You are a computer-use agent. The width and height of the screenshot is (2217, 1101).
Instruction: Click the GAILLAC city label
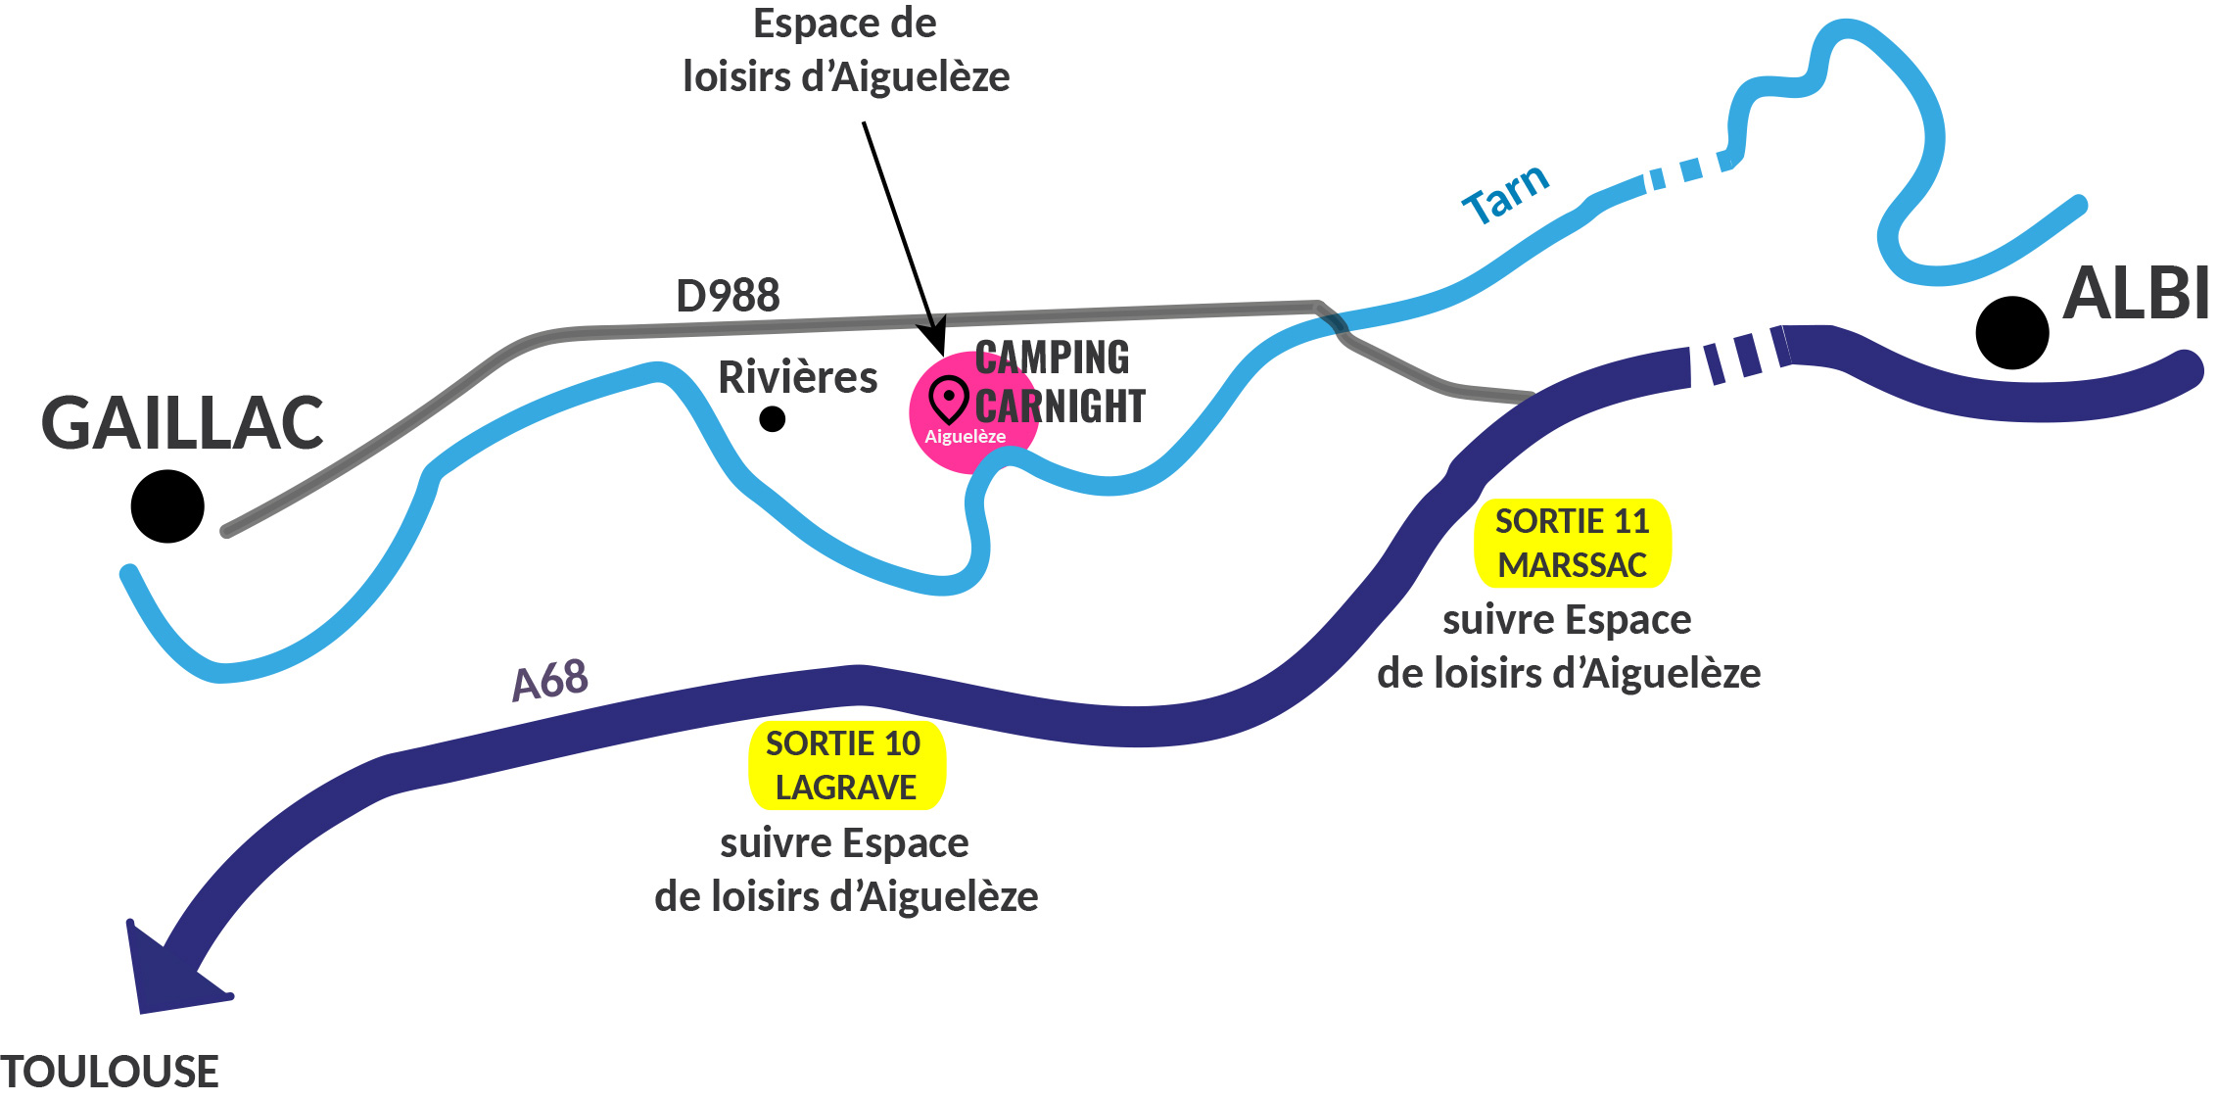[x=182, y=423]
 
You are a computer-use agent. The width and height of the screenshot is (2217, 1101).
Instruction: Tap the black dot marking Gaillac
[x=167, y=506]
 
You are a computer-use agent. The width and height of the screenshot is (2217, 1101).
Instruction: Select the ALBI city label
[x=2135, y=293]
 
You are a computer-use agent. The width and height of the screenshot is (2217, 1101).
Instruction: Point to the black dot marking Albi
[x=2011, y=333]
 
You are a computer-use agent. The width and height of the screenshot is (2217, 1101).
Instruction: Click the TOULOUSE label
[x=110, y=1072]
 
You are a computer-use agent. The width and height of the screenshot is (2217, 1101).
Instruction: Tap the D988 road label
[x=728, y=295]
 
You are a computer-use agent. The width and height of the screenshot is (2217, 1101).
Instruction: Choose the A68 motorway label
[x=550, y=680]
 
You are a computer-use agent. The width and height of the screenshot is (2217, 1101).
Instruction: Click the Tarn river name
[x=1505, y=193]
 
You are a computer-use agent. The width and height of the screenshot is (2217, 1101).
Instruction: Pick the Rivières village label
[x=797, y=377]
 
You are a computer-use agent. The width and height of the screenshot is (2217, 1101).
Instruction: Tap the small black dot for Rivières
[x=773, y=419]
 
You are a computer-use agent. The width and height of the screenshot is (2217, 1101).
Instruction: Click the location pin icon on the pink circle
[x=948, y=400]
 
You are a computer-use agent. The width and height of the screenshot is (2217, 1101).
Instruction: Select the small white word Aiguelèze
[x=965, y=437]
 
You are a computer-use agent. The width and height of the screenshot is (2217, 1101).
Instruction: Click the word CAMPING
[x=1052, y=358]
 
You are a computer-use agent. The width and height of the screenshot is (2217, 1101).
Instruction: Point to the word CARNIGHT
[x=1060, y=406]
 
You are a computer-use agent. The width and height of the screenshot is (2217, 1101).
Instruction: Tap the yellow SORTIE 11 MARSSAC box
[x=1572, y=544]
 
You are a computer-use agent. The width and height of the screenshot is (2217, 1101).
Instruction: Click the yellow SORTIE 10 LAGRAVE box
[x=846, y=766]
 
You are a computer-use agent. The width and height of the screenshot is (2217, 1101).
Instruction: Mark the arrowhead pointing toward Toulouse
[x=166, y=975]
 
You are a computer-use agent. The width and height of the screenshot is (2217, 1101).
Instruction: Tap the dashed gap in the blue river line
[x=1686, y=170]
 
